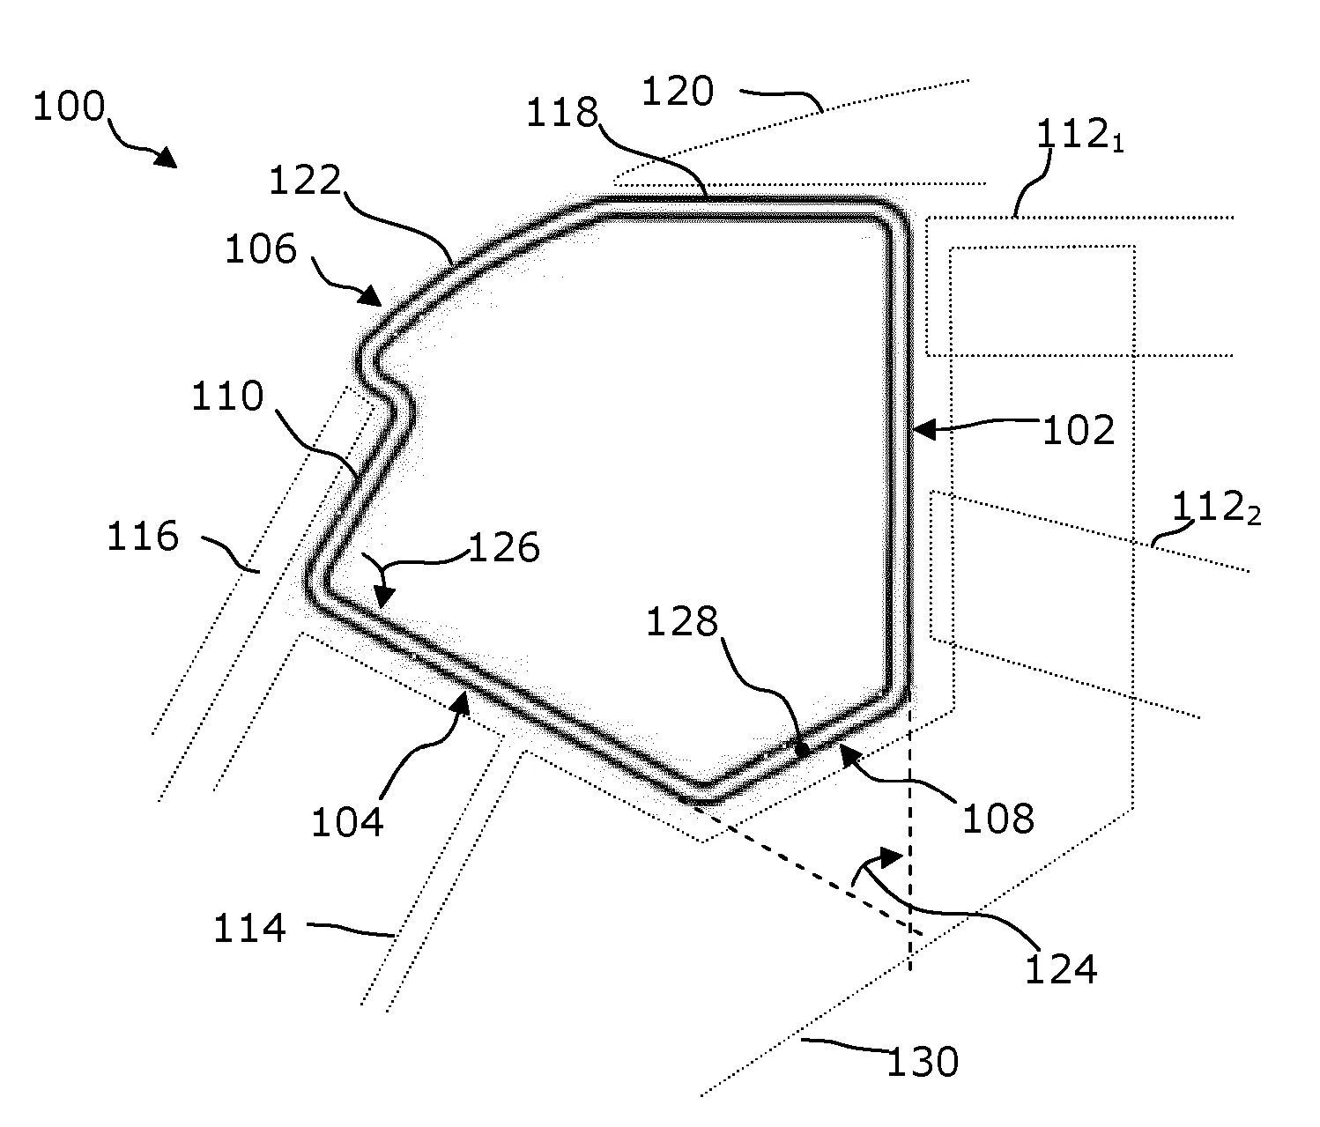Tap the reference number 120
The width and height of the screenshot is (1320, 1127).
[678, 92]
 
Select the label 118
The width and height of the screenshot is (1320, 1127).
[562, 113]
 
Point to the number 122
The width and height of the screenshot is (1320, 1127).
[305, 180]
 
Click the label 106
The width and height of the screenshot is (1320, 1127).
[261, 249]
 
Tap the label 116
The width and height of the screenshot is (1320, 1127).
[143, 536]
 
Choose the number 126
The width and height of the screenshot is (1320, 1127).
[505, 548]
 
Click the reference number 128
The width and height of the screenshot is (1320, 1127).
[682, 621]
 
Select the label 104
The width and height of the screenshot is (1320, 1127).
[347, 822]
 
